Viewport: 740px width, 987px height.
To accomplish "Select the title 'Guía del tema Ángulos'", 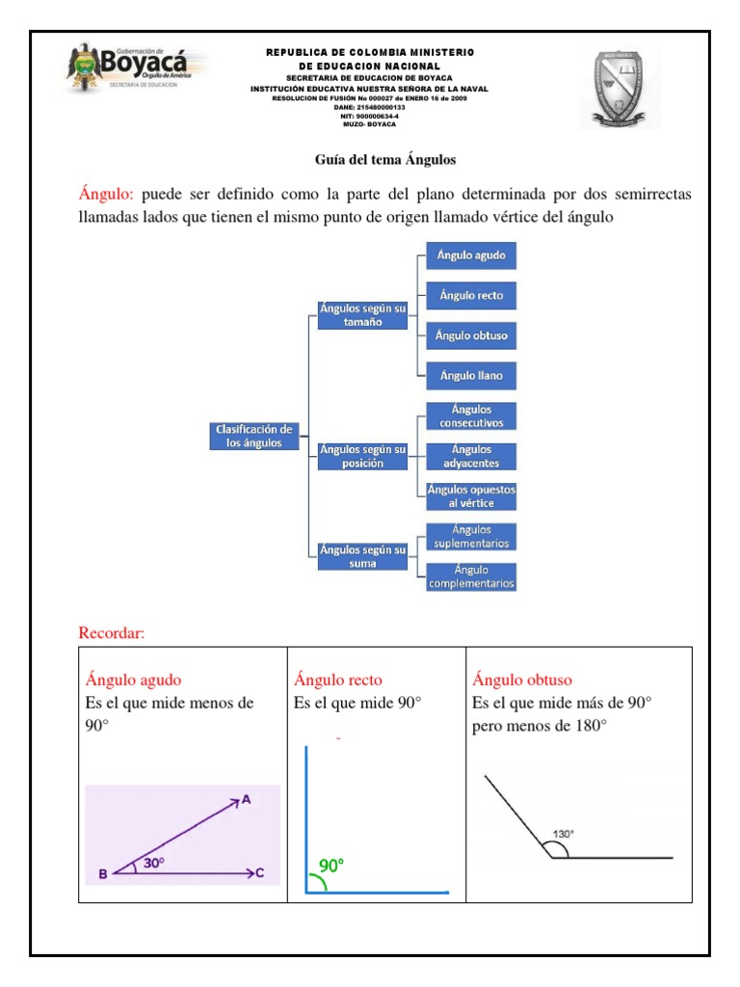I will pyautogui.click(x=385, y=159).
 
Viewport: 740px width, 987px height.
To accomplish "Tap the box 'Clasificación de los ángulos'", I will pyautogui.click(x=254, y=436).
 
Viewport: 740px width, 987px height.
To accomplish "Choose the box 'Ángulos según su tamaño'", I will pyautogui.click(x=363, y=314).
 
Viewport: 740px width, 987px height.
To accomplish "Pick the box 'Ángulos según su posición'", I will pyautogui.click(x=363, y=456).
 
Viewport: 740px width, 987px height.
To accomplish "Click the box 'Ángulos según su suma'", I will pyautogui.click(x=363, y=556).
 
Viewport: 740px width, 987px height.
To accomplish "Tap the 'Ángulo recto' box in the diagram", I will pyautogui.click(x=471, y=295).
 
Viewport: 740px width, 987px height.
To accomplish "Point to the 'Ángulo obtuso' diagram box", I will pyautogui.click(x=471, y=335).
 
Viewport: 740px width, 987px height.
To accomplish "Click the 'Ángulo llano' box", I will pyautogui.click(x=471, y=375).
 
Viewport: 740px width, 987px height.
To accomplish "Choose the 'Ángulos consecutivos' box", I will pyautogui.click(x=471, y=416).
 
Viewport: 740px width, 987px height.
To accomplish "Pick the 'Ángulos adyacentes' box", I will pyautogui.click(x=471, y=456).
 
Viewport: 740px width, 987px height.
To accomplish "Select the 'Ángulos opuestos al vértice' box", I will pyautogui.click(x=471, y=496).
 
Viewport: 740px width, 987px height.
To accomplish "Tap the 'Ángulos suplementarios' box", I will pyautogui.click(x=471, y=537).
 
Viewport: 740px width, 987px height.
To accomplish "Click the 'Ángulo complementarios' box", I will pyautogui.click(x=471, y=576).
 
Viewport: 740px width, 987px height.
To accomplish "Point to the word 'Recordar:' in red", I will pyautogui.click(x=111, y=633).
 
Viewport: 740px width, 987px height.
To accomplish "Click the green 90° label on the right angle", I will pyautogui.click(x=331, y=866).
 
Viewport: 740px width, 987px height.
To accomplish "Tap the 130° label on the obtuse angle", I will pyautogui.click(x=564, y=834).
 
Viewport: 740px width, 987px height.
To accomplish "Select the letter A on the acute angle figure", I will pyautogui.click(x=246, y=799).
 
